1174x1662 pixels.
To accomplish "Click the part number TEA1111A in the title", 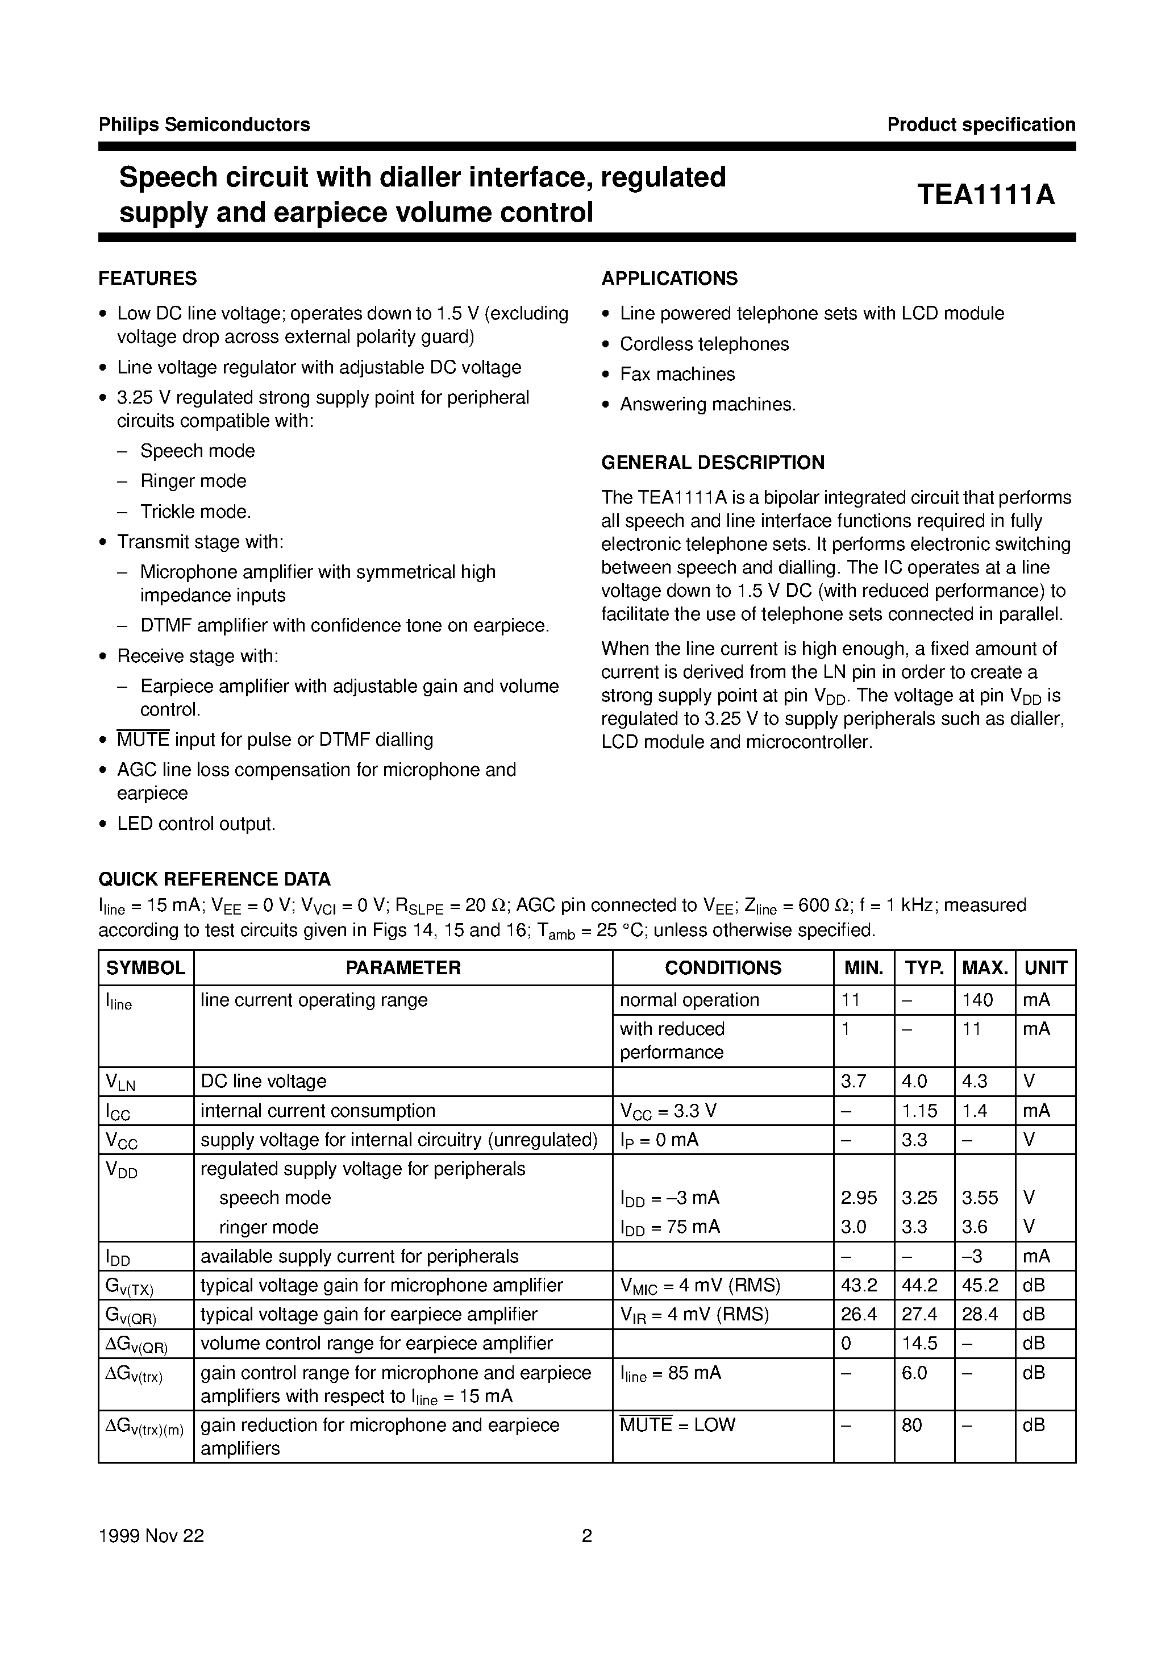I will coord(986,195).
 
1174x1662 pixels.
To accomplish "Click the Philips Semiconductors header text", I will coord(204,124).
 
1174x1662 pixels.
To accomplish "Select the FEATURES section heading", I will coord(147,279).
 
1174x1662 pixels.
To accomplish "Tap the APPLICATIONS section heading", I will coord(669,279).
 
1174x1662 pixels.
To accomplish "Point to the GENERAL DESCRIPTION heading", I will coord(713,463).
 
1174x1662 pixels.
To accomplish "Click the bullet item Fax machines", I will coord(677,374).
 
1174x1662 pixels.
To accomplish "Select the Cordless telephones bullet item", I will coord(703,344).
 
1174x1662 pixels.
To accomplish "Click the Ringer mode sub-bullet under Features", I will coord(193,481).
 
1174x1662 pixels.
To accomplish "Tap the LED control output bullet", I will coord(196,824).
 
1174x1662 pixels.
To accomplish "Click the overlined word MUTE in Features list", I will coord(143,740).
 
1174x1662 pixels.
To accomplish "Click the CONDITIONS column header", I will coord(722,968).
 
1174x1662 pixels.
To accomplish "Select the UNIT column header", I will coord(1045,968).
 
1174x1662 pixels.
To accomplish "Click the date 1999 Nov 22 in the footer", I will coord(151,1535).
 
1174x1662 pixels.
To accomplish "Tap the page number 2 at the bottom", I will coord(587,1535).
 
